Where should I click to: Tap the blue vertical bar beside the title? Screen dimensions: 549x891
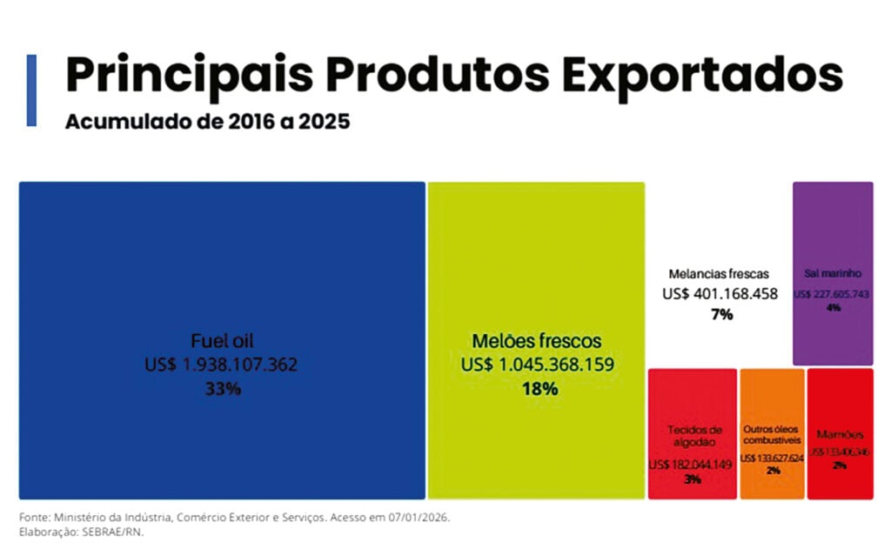point(32,90)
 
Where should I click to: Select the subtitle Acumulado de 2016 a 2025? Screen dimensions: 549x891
point(207,121)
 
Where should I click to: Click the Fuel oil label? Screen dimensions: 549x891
point(222,341)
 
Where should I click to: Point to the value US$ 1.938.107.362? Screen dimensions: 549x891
point(221,365)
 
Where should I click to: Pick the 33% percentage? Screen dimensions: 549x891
point(222,389)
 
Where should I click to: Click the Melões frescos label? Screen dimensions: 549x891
point(536,341)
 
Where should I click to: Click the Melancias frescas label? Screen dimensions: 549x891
point(719,273)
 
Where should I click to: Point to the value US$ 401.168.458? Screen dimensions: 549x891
point(720,294)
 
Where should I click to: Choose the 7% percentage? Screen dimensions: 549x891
point(721,314)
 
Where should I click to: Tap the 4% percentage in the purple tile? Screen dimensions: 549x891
point(834,308)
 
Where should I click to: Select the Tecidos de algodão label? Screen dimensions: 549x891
point(694,436)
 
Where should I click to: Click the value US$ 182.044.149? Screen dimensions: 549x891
point(692,465)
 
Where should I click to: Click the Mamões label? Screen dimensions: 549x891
point(840,434)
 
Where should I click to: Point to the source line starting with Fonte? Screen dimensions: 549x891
point(234,517)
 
